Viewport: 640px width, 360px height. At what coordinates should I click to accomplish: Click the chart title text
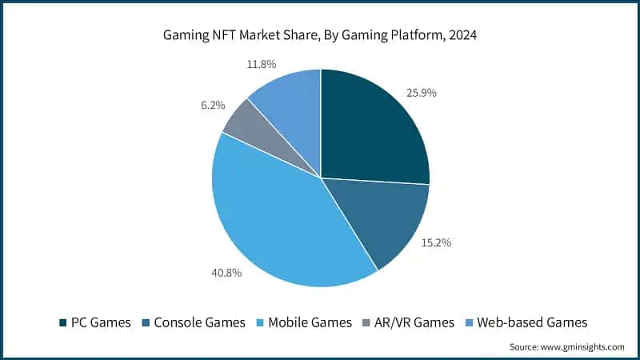(x=320, y=34)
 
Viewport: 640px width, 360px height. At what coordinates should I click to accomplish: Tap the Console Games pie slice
(x=384, y=220)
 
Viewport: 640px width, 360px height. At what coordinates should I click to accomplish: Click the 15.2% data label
(x=436, y=242)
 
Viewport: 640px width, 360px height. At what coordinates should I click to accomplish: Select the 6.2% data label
(x=213, y=105)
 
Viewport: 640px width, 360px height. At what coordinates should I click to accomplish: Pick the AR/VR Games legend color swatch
(x=366, y=323)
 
